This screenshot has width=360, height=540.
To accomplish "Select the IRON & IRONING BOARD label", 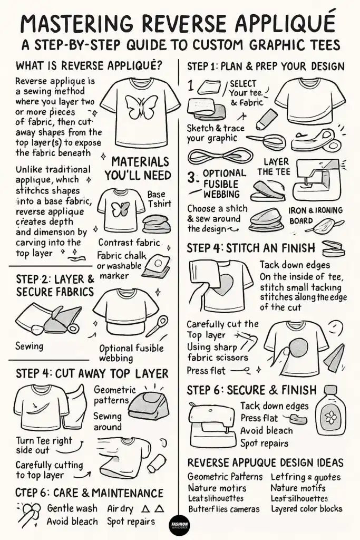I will (x=316, y=215).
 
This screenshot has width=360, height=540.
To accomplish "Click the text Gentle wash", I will (x=72, y=508).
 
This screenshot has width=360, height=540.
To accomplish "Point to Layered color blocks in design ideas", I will (x=306, y=509).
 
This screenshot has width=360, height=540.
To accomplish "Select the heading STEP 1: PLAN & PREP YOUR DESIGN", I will (x=266, y=67).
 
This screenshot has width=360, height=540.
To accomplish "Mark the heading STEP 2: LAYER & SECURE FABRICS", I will (x=54, y=284).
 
